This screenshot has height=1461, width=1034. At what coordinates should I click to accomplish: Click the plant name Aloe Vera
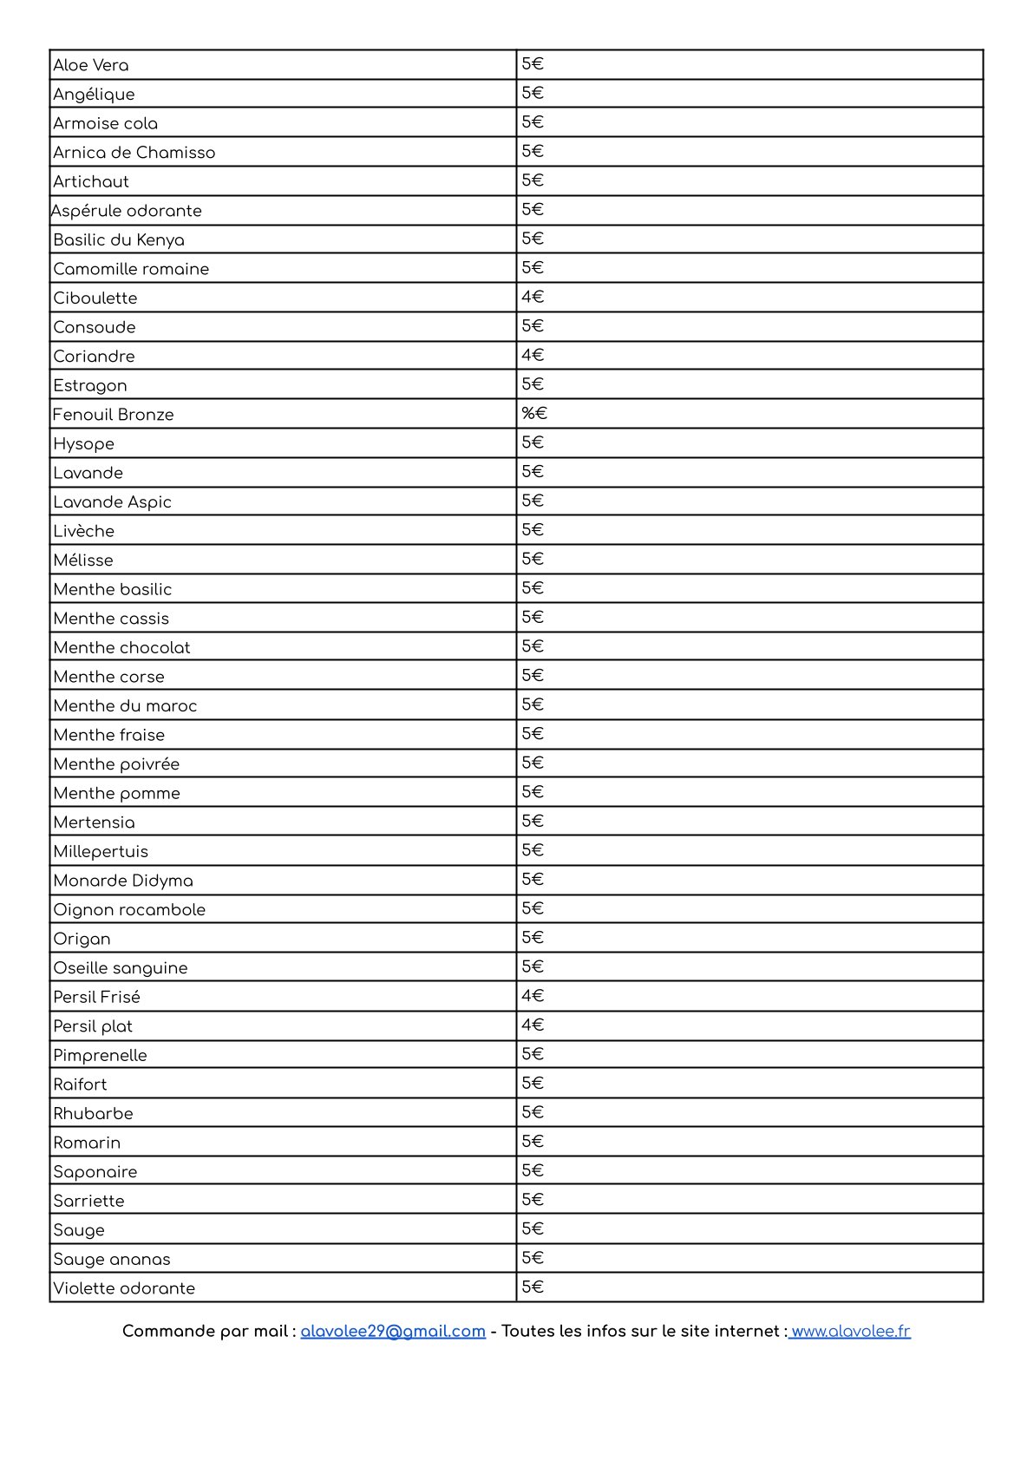click(x=91, y=65)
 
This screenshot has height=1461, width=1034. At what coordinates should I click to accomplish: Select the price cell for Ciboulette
click(x=533, y=297)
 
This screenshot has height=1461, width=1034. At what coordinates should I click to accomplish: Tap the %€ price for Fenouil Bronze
click(x=534, y=413)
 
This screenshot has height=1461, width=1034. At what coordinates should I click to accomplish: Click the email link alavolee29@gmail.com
click(x=393, y=1331)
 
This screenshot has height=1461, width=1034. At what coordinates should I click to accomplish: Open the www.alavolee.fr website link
click(x=850, y=1331)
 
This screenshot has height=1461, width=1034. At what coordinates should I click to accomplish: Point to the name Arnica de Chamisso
click(x=134, y=153)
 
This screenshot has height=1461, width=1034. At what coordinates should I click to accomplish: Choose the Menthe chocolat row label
click(x=121, y=647)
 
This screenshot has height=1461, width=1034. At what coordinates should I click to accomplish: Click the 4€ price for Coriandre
click(x=533, y=355)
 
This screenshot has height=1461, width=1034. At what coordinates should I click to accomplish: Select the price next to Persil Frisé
click(x=533, y=996)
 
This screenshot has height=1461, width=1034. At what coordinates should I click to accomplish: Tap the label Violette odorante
click(x=124, y=1288)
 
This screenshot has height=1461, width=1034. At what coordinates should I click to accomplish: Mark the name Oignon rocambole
click(x=129, y=909)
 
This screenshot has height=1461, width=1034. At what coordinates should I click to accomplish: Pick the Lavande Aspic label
click(x=113, y=501)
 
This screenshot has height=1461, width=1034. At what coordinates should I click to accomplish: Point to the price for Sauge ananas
click(x=533, y=1258)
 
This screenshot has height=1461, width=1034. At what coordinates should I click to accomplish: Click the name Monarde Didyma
click(x=123, y=881)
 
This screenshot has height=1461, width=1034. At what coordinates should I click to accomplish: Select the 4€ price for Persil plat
click(x=533, y=1025)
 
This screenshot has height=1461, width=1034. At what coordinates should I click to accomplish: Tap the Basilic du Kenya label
click(x=119, y=239)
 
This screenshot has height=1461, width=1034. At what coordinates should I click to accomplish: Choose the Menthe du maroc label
click(x=125, y=705)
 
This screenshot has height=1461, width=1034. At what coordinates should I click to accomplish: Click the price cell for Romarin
click(x=533, y=1142)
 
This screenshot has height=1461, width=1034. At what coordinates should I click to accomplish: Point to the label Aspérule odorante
click(x=127, y=211)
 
